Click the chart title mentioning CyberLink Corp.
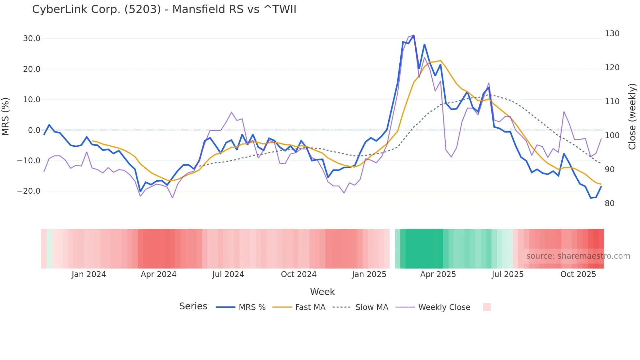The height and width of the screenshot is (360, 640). click(164, 9)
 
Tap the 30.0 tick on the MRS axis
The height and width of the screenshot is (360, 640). click(32, 39)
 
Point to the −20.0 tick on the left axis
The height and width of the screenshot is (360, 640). click(29, 191)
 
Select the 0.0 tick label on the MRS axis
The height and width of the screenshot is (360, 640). click(34, 130)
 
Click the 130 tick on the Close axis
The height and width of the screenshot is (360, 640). click(612, 34)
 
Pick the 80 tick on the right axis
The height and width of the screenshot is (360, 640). click(609, 204)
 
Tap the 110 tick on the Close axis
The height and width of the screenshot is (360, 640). click(612, 102)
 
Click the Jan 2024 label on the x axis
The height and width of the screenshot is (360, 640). click(89, 274)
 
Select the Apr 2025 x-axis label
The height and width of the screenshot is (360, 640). click(438, 274)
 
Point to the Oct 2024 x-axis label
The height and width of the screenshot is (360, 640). click(298, 274)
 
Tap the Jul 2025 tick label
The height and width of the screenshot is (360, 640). click(507, 274)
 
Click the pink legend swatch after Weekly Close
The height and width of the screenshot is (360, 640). click(487, 307)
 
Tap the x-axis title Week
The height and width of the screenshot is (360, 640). click(322, 292)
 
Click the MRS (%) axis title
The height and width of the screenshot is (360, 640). click(6, 117)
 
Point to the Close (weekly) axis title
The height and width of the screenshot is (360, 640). click(632, 117)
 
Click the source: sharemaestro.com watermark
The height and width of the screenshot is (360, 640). click(578, 256)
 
